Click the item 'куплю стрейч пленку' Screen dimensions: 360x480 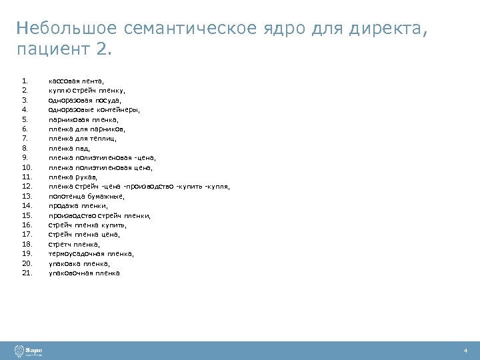point(87,90)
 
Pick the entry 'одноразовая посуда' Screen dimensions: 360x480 point(85,99)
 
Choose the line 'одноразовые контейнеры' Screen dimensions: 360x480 point(94,109)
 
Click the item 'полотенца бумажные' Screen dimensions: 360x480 point(87,197)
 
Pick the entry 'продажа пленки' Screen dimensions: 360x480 point(78,206)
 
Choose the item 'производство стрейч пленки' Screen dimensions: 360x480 point(99,216)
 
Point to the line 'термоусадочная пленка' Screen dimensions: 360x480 point(91,254)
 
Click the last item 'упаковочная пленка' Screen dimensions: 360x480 point(84,273)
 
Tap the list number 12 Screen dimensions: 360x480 point(27,187)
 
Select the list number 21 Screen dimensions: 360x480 point(27,273)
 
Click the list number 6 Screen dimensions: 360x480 point(25,129)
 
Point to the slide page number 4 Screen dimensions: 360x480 point(465,351)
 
